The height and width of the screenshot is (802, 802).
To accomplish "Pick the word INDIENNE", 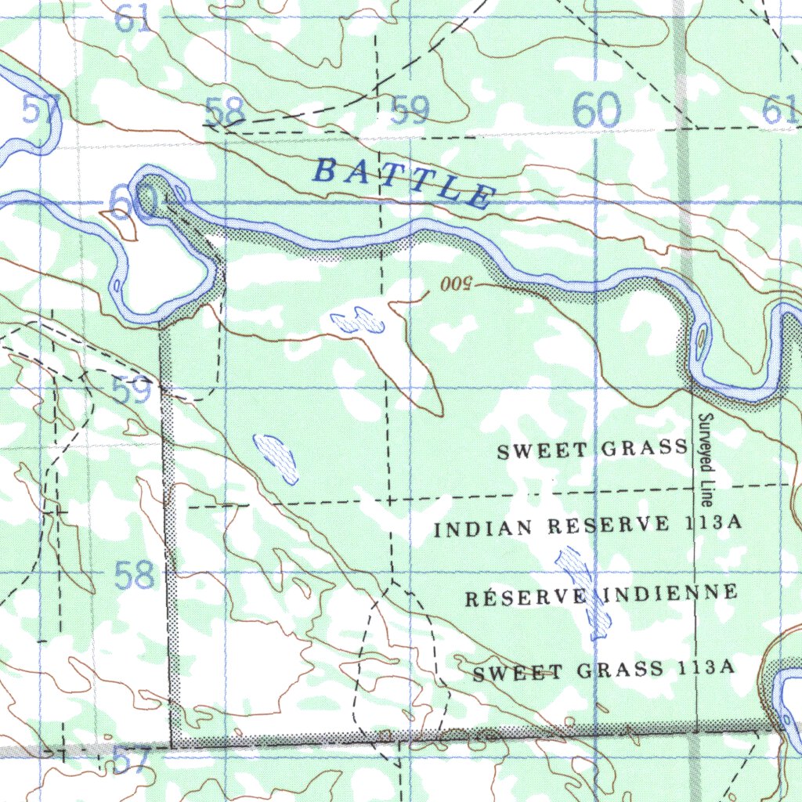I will click(x=670, y=593).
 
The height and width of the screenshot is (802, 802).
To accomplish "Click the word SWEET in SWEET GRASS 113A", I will click(x=517, y=673).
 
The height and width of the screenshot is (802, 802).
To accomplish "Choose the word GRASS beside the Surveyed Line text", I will click(x=645, y=449).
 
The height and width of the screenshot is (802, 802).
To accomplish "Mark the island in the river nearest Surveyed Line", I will click(x=700, y=338).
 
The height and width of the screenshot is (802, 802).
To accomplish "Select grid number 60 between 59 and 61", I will click(x=597, y=110).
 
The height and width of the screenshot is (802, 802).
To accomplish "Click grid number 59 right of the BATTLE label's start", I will click(x=410, y=110).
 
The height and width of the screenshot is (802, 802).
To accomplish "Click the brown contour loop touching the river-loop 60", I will click(x=119, y=222).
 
